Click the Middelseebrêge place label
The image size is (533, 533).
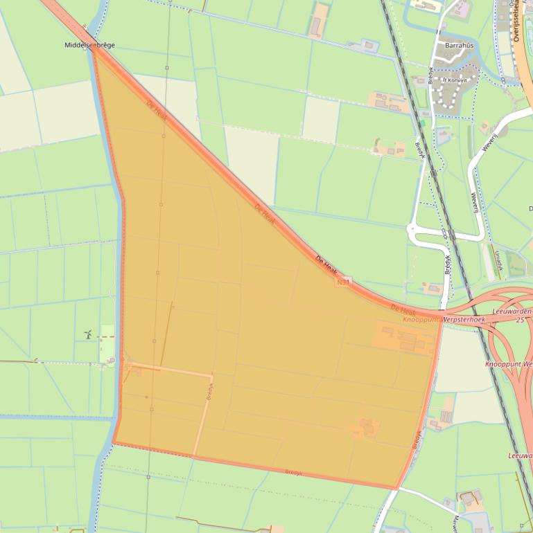(89, 45)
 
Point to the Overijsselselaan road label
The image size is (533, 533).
(517, 21)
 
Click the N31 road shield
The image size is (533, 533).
(343, 282)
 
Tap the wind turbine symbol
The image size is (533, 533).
(88, 334)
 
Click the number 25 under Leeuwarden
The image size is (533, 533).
(520, 320)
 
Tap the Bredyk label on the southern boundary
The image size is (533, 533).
(294, 472)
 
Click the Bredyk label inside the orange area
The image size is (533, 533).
(208, 392)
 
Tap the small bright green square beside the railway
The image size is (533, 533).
(421, 123)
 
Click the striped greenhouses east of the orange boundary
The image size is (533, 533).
(445, 417)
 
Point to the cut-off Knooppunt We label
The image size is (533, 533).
(509, 363)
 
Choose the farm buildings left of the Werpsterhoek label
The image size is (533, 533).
(402, 338)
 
